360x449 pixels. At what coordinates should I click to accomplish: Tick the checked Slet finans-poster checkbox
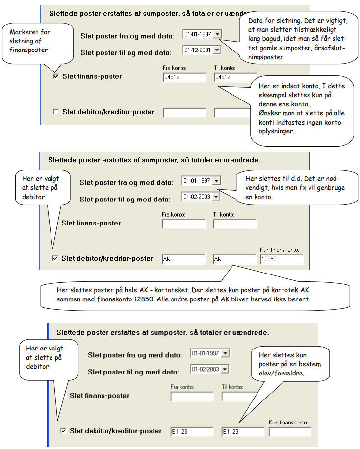pyautogui.click(x=56, y=76)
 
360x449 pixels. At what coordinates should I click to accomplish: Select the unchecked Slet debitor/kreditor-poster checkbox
pyautogui.click(x=56, y=112)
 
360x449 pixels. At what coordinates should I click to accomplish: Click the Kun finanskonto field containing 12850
pyautogui.click(x=282, y=259)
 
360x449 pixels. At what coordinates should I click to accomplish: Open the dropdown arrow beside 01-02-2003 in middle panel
pyautogui.click(x=216, y=197)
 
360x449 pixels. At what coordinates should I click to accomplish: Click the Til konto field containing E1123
pyautogui.click(x=243, y=432)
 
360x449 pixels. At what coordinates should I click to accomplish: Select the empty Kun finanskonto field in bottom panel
pyautogui.click(x=290, y=432)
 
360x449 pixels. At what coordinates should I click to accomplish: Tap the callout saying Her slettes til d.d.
pyautogui.click(x=297, y=188)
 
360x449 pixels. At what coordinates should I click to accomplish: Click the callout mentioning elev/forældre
pyautogui.click(x=290, y=364)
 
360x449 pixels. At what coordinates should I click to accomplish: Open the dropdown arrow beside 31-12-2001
pyautogui.click(x=217, y=50)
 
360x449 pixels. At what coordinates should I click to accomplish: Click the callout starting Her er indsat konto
pyautogui.click(x=302, y=110)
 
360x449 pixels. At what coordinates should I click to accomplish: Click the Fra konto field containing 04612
pyautogui.click(x=184, y=77)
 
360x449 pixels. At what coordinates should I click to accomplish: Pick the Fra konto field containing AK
pyautogui.click(x=183, y=259)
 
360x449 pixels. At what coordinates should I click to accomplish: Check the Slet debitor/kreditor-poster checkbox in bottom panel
pyautogui.click(x=63, y=431)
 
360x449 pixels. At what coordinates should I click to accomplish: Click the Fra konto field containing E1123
pyautogui.click(x=192, y=432)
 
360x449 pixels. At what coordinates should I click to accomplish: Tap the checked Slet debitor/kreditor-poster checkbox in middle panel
pyautogui.click(x=55, y=259)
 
